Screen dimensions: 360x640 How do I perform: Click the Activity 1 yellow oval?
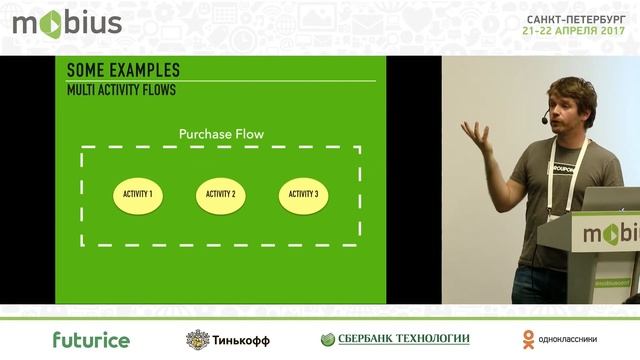[137, 193]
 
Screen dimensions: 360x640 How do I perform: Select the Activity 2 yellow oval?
[220, 193]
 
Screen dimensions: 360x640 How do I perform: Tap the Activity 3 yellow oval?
[303, 193]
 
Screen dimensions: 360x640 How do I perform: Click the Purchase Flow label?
[220, 133]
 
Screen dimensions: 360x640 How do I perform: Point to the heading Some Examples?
[123, 70]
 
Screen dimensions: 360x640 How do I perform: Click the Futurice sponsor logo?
[91, 339]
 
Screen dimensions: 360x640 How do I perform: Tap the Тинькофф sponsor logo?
[228, 339]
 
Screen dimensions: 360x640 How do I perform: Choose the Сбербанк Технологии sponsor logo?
[395, 339]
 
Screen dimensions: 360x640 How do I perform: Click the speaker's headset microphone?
[545, 119]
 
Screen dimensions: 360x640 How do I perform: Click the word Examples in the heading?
[145, 70]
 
